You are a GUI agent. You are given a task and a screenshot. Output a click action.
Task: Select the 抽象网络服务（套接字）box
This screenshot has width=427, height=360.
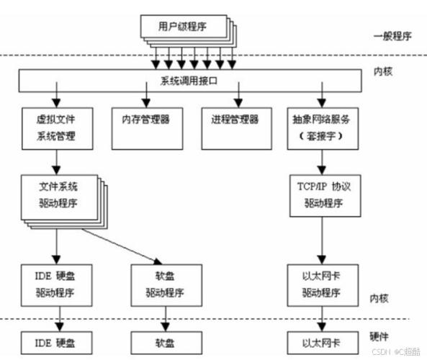[x=321, y=127]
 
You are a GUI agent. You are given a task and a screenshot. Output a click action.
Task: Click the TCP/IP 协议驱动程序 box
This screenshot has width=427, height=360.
[x=321, y=195]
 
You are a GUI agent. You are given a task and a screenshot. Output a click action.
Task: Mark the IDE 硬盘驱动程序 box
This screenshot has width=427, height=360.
[x=55, y=285]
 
